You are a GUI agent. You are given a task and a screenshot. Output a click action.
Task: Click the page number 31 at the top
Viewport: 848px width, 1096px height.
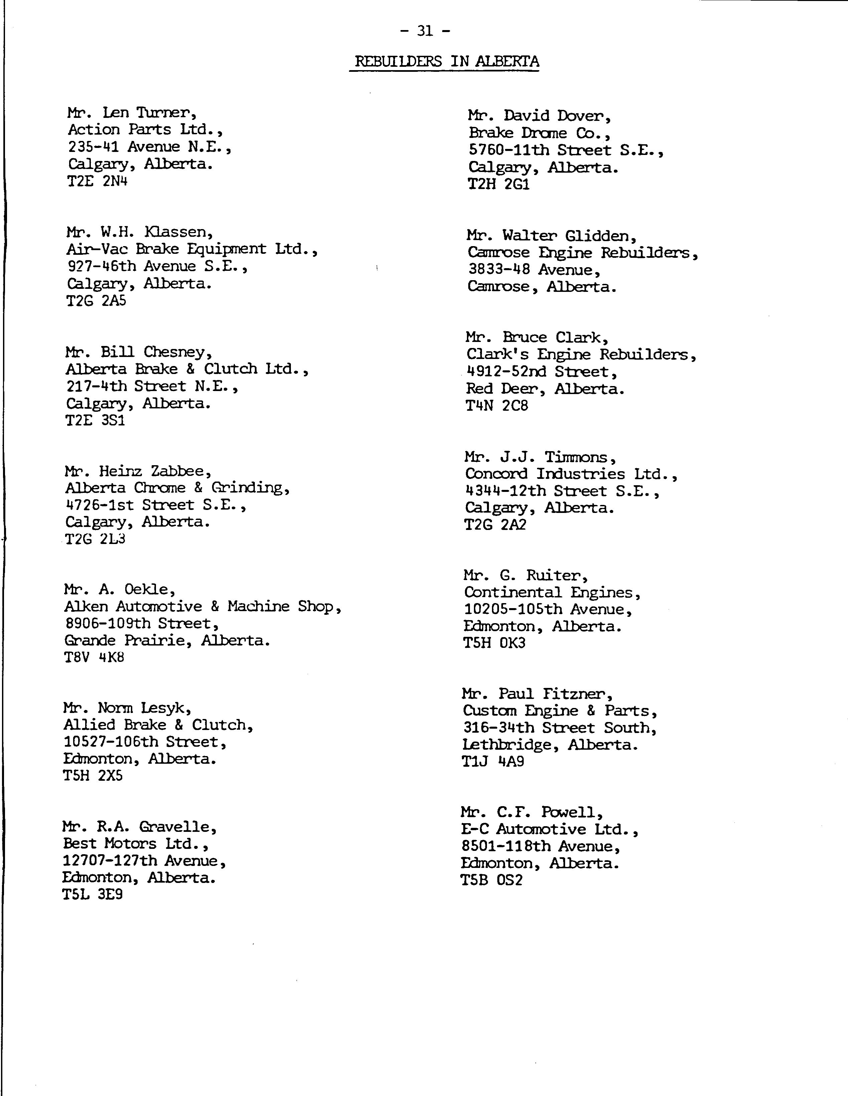tap(425, 31)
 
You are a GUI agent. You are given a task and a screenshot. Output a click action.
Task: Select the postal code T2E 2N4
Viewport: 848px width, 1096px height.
tap(97, 181)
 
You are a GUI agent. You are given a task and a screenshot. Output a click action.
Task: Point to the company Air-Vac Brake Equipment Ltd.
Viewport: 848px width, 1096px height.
tap(192, 249)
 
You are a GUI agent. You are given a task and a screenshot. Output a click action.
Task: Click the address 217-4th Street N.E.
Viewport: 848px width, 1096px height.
tap(152, 386)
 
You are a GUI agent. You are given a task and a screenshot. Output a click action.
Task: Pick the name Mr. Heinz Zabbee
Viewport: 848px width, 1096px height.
tap(138, 471)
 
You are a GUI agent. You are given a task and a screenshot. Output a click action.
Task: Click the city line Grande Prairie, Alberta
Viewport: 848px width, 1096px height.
tap(167, 641)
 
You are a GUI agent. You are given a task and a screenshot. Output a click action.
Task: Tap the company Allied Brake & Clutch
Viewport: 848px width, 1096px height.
tap(158, 725)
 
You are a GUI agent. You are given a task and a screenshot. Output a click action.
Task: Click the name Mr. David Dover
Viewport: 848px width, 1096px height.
tap(539, 116)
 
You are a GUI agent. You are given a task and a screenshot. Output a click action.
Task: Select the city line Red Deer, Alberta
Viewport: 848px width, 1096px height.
tap(545, 389)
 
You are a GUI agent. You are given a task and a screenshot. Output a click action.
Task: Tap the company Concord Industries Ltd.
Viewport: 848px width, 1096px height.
tap(571, 474)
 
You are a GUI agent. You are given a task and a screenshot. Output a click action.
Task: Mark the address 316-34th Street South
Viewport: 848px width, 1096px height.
tap(559, 728)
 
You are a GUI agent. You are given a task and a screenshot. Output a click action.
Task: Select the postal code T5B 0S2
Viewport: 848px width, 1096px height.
tap(492, 880)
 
